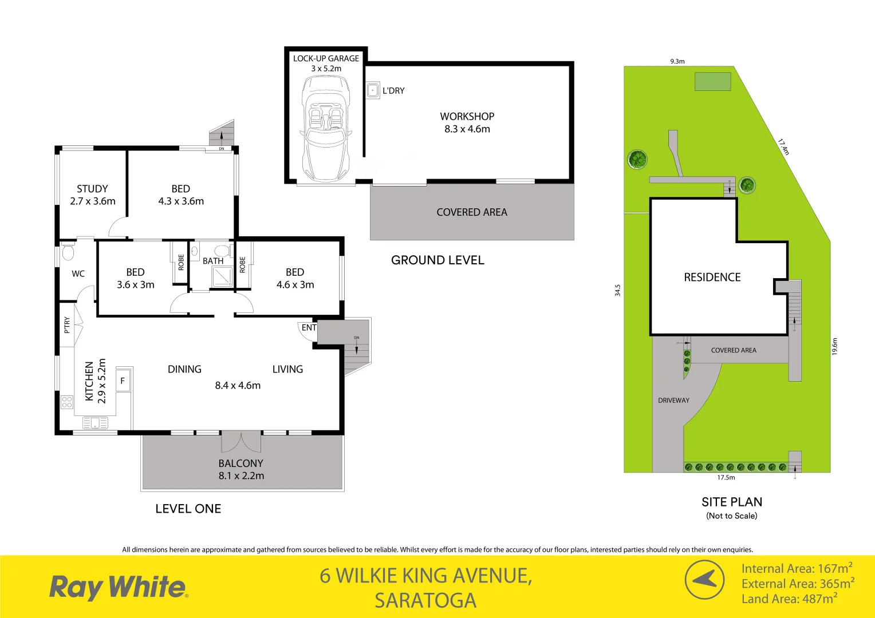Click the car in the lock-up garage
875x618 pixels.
pyautogui.click(x=325, y=128)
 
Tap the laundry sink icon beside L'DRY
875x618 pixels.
pyautogui.click(x=373, y=90)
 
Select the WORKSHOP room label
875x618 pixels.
pyautogui.click(x=467, y=117)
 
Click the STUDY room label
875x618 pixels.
pyautogui.click(x=92, y=189)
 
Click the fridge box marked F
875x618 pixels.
pyautogui.click(x=123, y=381)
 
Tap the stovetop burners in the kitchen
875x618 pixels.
pyautogui.click(x=67, y=402)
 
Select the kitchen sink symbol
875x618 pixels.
pyautogui.click(x=95, y=423)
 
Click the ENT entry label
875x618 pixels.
pyautogui.click(x=309, y=328)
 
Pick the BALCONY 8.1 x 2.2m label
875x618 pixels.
pyautogui.click(x=241, y=469)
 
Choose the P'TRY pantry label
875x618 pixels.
pyautogui.click(x=67, y=325)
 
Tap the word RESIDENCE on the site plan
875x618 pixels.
pyautogui.click(x=712, y=278)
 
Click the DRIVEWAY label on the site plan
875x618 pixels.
pyautogui.click(x=673, y=401)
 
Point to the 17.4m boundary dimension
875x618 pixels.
pyautogui.click(x=783, y=146)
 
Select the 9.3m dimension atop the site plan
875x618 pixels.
pyautogui.click(x=677, y=61)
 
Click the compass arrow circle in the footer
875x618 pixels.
pyautogui.click(x=705, y=579)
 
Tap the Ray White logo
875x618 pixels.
pyautogui.click(x=119, y=587)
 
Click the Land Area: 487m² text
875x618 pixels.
pyautogui.click(x=789, y=599)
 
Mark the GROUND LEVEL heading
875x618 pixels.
pyautogui.click(x=437, y=260)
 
